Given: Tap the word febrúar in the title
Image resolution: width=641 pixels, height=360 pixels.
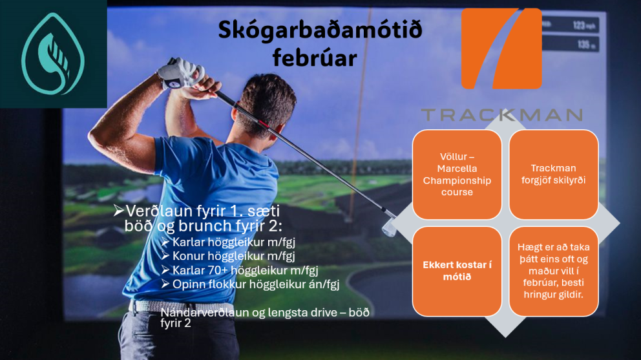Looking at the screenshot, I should [314, 58].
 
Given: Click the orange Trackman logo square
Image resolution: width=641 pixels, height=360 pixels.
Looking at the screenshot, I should [501, 48].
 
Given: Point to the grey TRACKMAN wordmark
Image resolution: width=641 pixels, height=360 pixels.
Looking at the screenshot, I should [501, 115].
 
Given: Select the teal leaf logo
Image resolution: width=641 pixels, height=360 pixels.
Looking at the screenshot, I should [53, 53].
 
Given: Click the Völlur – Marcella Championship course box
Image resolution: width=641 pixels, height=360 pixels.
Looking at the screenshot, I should [457, 175].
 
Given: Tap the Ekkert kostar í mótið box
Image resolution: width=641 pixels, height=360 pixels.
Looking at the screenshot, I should [457, 271].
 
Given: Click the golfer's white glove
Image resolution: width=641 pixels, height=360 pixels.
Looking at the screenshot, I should [174, 72].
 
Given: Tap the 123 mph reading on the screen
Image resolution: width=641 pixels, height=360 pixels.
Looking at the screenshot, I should [582, 26].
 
